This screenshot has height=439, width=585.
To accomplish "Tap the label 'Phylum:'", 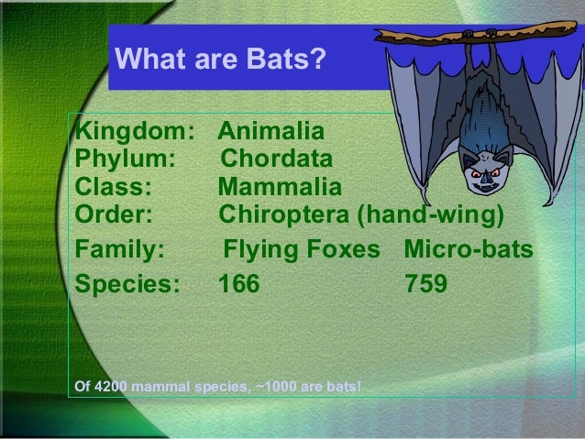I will pos(126,159).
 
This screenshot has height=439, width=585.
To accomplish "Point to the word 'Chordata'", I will pos(277,159).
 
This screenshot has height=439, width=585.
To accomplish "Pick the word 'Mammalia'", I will pos(280,187).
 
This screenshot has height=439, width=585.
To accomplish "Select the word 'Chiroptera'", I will pos(283,214).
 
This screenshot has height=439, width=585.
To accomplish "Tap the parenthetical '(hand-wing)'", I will pos(431,214).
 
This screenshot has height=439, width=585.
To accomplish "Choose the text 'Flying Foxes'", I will pos(302,248).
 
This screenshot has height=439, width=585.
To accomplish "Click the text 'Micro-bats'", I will pos(469,248).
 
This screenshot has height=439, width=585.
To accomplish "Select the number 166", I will pos(238,284).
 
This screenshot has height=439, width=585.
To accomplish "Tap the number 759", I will pos(425,284).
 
